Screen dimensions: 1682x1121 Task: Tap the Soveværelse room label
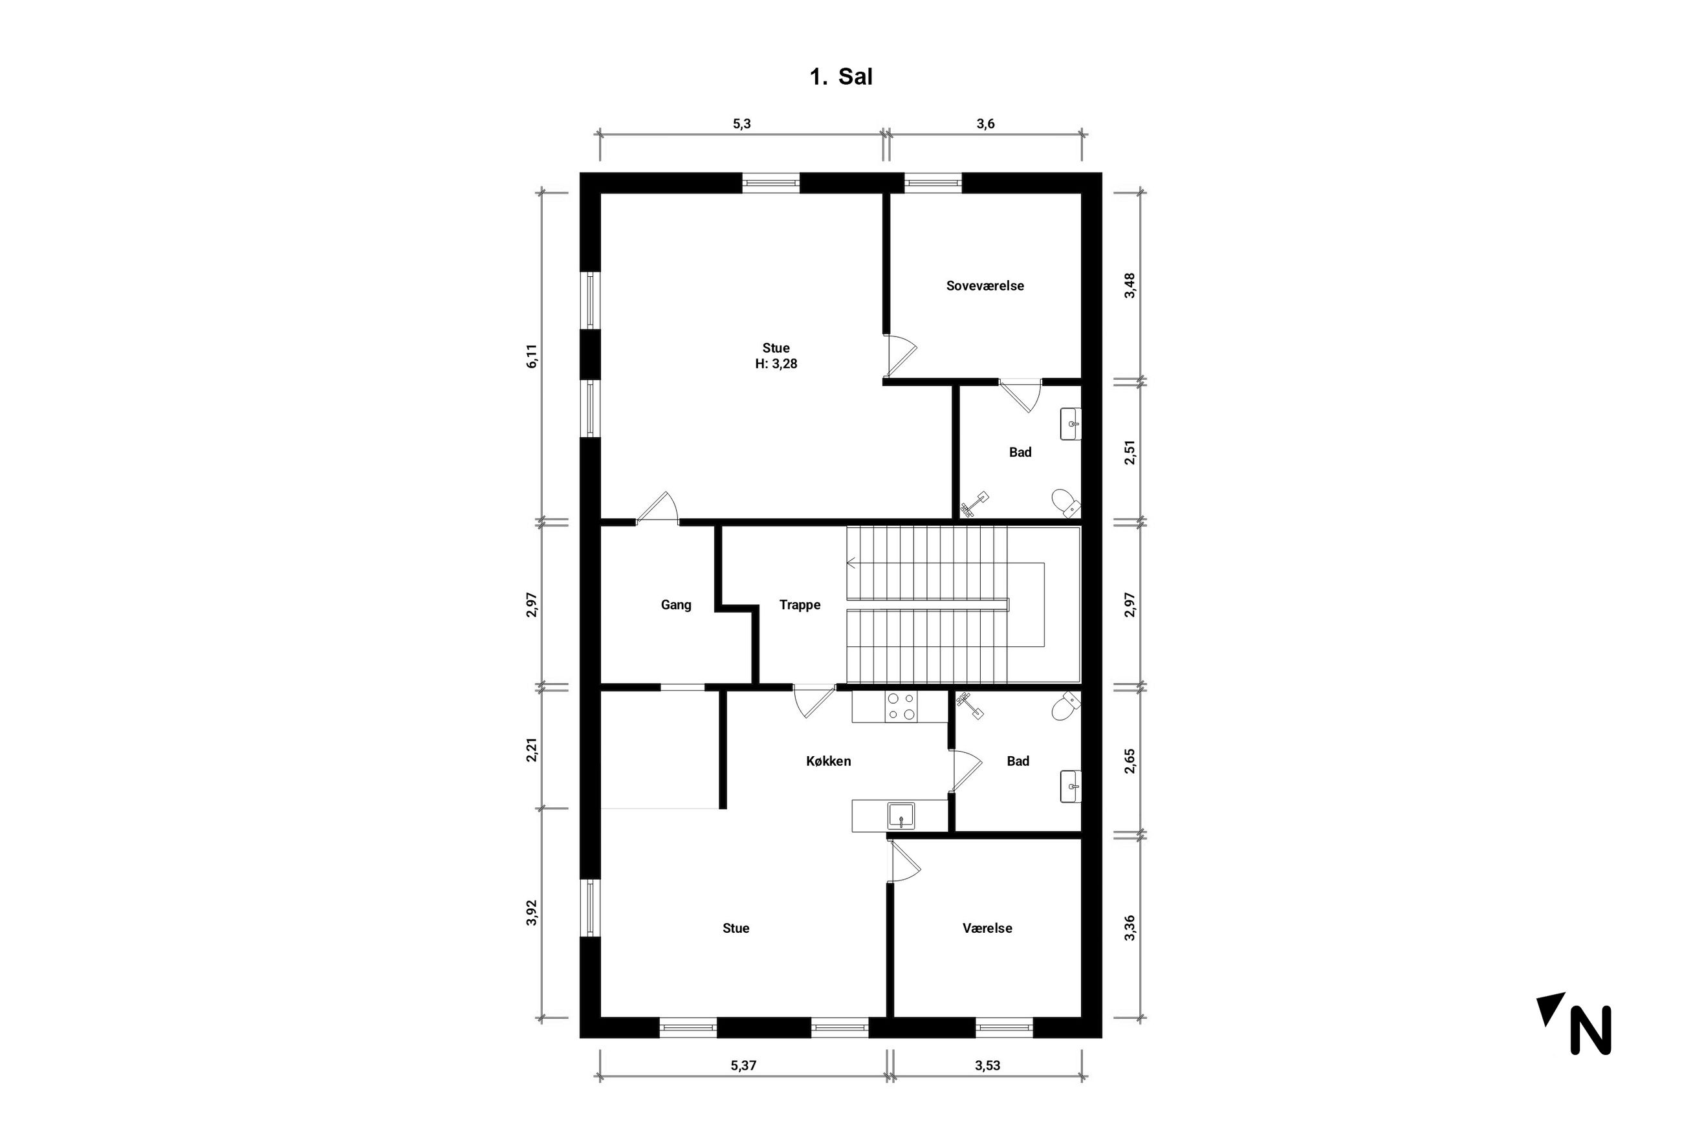[985, 286]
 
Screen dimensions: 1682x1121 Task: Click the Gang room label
[675, 605]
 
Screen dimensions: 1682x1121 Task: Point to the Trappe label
[800, 605]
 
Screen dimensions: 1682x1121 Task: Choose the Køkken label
[829, 761]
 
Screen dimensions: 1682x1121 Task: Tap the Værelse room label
[987, 928]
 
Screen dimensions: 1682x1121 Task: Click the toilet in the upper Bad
[1066, 503]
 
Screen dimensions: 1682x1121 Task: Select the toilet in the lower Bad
[1066, 706]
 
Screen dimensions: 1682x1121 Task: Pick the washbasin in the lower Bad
[1070, 787]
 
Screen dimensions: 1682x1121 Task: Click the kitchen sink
[901, 816]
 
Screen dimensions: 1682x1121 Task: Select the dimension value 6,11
[531, 356]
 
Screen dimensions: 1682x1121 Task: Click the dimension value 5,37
[743, 1065]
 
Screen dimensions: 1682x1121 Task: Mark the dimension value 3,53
[987, 1065]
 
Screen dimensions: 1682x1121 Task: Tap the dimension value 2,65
[1130, 761]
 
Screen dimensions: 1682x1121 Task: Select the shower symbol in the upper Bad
[974, 503]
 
